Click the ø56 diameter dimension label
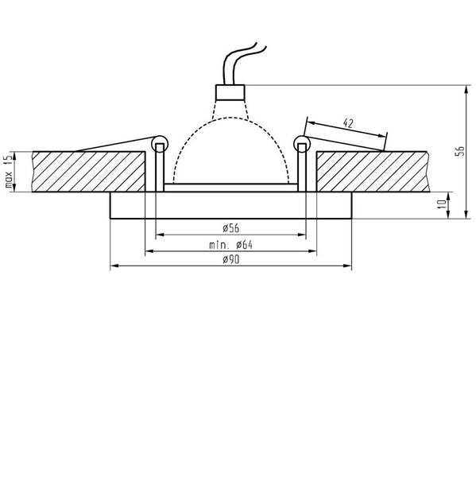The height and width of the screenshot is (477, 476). point(230,227)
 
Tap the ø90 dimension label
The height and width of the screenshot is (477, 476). point(230,259)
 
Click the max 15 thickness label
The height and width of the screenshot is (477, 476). point(9,170)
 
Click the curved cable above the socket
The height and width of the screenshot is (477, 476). point(238,60)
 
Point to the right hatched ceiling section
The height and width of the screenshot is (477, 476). point(373,172)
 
